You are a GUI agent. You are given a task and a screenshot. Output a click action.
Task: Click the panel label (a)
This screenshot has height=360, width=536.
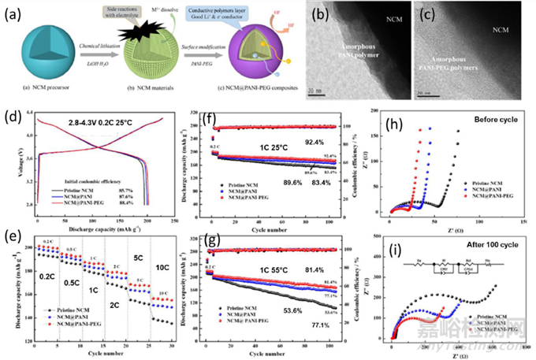click(13, 14)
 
